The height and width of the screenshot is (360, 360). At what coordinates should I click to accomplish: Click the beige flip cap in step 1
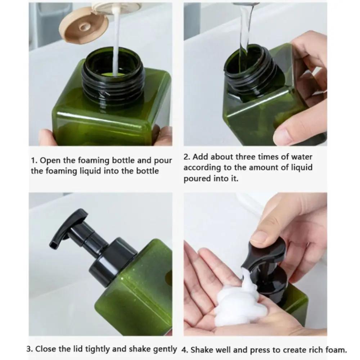[84, 26]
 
